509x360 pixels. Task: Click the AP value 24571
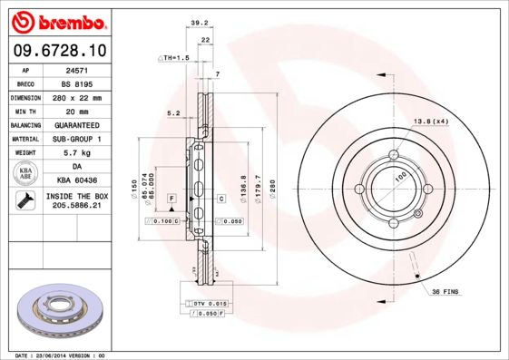coord(75,69)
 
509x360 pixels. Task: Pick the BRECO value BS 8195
coord(75,83)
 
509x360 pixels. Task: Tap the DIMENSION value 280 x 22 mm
coord(76,96)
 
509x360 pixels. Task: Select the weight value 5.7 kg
coord(76,153)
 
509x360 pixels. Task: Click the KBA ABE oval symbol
coord(26,174)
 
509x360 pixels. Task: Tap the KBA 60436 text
coord(76,181)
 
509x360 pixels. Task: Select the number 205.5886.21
coord(76,208)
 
